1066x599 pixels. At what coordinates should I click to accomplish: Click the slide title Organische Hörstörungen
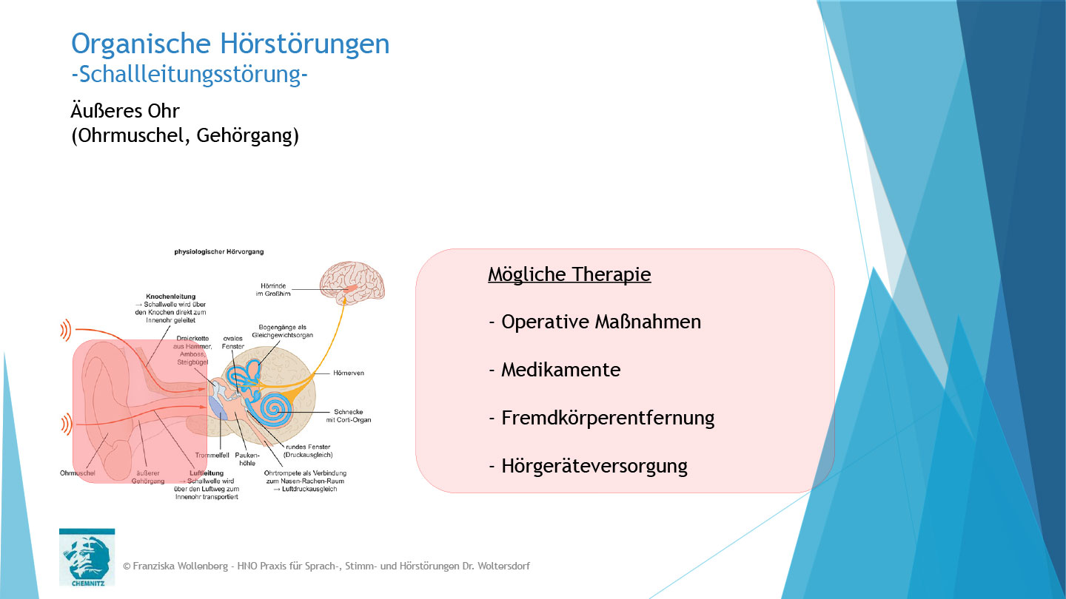click(x=230, y=44)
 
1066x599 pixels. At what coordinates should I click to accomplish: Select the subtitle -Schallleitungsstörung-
click(x=189, y=75)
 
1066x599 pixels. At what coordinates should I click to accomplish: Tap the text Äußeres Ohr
click(x=125, y=111)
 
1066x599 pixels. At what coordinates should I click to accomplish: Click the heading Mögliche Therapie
click(x=569, y=274)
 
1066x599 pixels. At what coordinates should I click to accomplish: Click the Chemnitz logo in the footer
click(x=87, y=556)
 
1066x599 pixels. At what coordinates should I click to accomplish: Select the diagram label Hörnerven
click(x=349, y=373)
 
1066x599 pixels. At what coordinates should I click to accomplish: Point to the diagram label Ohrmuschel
click(x=78, y=473)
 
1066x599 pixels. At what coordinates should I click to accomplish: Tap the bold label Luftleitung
click(x=207, y=473)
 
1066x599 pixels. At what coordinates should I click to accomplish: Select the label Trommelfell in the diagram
click(x=212, y=456)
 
